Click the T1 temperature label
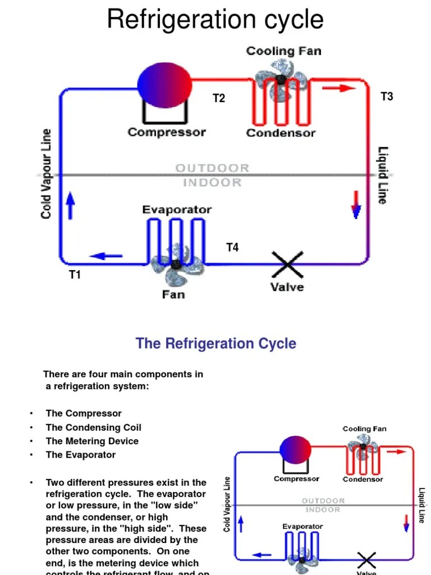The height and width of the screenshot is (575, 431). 75,275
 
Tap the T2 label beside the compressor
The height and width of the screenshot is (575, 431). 218,98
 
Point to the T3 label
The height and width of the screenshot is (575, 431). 387,97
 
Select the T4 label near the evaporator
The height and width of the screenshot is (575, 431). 232,247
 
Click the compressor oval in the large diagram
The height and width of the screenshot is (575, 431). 165,84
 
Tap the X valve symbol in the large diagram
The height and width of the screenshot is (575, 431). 287,264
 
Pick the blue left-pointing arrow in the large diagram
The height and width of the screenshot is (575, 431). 106,256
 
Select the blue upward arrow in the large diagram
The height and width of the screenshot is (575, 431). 71,206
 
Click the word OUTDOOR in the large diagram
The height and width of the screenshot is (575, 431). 212,168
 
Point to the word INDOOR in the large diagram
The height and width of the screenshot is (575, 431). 212,182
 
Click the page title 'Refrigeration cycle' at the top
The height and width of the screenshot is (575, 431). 215,20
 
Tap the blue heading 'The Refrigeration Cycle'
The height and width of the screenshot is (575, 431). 216,343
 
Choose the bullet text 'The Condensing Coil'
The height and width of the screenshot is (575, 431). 89,427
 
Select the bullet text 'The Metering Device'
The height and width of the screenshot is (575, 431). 92,441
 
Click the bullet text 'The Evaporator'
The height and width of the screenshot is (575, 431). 81,455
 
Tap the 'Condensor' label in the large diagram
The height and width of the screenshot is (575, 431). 281,133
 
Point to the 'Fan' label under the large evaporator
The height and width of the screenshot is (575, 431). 173,294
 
